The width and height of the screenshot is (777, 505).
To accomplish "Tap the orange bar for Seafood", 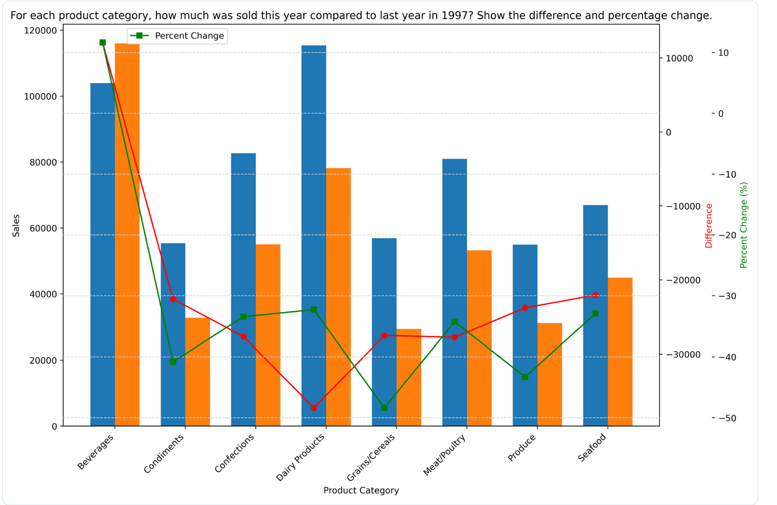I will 620,351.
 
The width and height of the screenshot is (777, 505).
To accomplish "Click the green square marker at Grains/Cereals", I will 384,408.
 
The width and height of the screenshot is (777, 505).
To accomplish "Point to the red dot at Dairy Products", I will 314,408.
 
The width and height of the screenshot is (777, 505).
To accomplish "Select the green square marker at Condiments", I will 173,362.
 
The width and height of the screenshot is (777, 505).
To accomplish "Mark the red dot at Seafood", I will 595,295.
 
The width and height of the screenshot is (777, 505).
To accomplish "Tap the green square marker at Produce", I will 525,377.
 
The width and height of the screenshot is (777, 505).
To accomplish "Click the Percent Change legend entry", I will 177,36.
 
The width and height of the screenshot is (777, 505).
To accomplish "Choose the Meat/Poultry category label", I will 445,455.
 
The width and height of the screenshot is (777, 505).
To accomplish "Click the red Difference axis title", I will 709,226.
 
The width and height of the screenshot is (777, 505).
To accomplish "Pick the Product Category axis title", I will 361,490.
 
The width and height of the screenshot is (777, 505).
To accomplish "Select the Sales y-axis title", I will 16,226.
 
